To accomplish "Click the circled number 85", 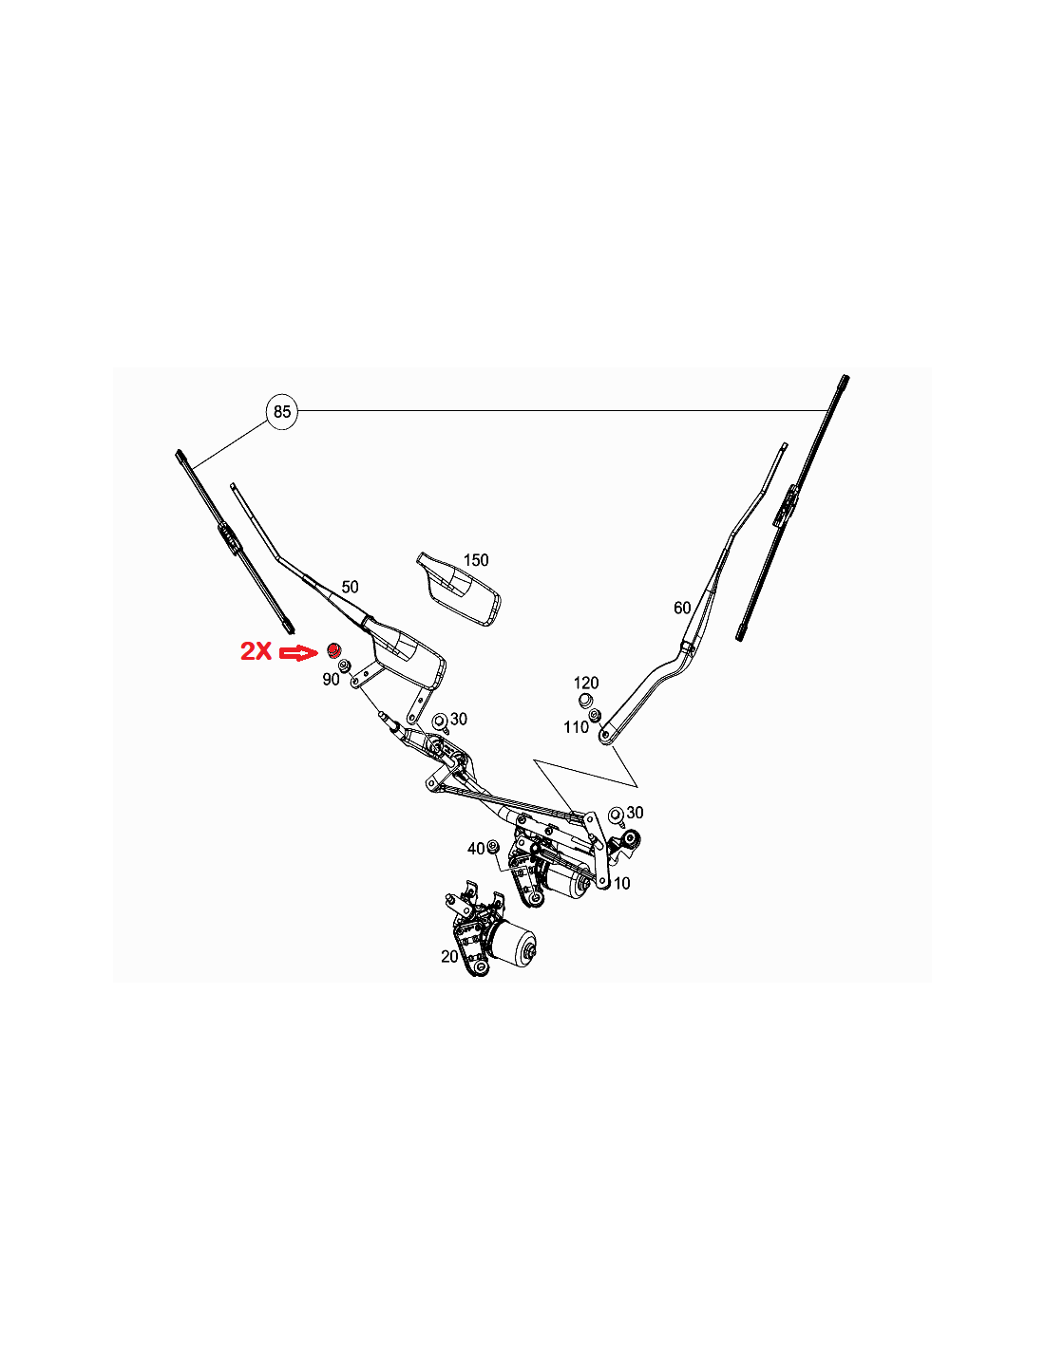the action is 281,411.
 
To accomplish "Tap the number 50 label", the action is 350,587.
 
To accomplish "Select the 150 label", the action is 476,560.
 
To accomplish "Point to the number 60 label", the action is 682,608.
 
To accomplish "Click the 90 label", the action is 331,680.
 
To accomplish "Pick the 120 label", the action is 585,683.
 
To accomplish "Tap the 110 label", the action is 576,727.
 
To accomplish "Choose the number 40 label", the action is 476,849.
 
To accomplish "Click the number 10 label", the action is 621,884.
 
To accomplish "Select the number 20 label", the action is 449,957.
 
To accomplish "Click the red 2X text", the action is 256,651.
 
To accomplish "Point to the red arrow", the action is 299,652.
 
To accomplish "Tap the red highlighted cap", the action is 333,649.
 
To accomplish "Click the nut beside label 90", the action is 344,667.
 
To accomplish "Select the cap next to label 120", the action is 584,701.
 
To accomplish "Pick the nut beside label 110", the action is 595,715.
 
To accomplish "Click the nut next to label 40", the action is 493,845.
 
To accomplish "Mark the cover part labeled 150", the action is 459,589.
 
